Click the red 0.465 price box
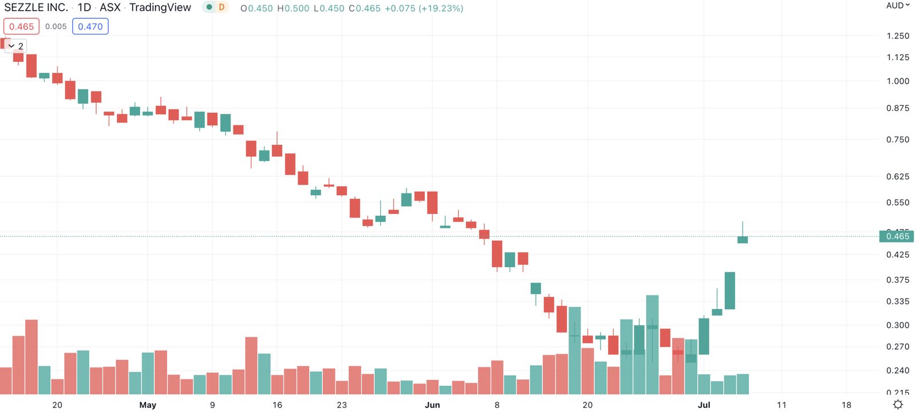[x=22, y=26]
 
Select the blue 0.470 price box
[x=90, y=26]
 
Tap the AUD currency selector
[x=897, y=6]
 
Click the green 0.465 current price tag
[x=897, y=236]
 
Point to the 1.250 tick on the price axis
[x=897, y=35]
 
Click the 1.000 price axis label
[x=897, y=81]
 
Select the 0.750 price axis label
[x=897, y=140]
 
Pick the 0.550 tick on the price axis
[x=897, y=203]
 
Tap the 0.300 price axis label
[x=897, y=325]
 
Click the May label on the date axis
[x=148, y=405]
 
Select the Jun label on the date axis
[x=432, y=405]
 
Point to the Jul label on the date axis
[x=704, y=405]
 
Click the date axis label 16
[x=277, y=405]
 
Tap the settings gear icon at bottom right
[x=898, y=405]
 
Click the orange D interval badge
[x=222, y=7]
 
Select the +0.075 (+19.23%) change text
[x=424, y=9]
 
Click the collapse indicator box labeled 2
[x=16, y=46]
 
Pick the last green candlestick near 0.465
[x=743, y=240]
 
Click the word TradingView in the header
[x=160, y=7]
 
